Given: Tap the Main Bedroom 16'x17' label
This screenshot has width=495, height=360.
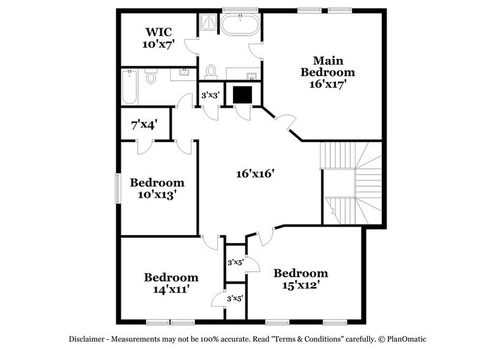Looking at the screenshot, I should tap(327, 73).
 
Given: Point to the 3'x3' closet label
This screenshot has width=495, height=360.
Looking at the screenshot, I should tap(212, 96).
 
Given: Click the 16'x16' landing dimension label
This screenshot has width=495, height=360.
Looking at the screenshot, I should tap(255, 174).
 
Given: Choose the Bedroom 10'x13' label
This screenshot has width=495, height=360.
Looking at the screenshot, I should tap(157, 189).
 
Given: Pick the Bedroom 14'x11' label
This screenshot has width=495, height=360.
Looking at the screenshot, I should tap(171, 283).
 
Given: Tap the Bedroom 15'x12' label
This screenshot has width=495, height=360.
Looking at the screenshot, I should tap(300, 279).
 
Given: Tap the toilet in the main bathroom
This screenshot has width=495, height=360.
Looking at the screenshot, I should tap(212, 71).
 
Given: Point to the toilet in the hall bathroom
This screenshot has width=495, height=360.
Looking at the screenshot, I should tap(152, 78).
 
